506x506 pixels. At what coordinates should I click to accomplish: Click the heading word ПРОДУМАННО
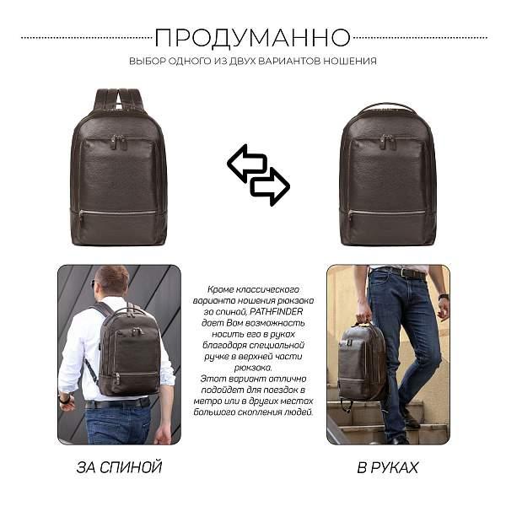point(253,37)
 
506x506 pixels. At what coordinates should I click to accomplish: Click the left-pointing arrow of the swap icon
point(246,163)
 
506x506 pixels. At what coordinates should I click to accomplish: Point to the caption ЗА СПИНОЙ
point(119,466)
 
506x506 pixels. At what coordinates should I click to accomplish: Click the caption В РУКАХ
point(387,466)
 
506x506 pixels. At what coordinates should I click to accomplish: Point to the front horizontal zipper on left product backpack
point(119,213)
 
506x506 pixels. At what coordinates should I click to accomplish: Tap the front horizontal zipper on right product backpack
point(387,213)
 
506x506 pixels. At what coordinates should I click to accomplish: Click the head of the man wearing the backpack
point(111,280)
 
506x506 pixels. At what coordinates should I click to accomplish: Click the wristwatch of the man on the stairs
point(443,297)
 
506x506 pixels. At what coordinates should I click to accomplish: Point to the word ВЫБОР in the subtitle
point(145,61)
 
